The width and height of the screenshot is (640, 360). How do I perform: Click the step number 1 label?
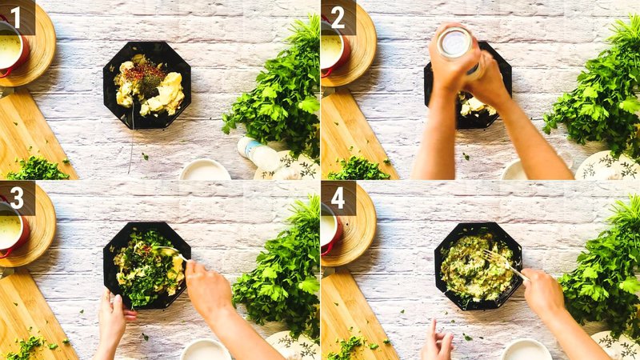[16, 16]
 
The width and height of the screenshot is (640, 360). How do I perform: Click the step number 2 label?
[337, 16]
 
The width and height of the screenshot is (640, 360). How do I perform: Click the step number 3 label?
[16, 197]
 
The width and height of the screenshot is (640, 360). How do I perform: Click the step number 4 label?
[337, 197]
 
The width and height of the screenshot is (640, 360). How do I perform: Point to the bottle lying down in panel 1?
[258, 152]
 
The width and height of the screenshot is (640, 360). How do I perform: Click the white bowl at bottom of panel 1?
[205, 170]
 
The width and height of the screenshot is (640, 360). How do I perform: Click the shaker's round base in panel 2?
[455, 42]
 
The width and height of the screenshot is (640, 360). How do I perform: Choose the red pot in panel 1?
[11, 48]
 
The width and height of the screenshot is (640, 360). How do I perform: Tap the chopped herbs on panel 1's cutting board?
[36, 169]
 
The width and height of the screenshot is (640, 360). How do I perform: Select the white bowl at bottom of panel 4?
[526, 350]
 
